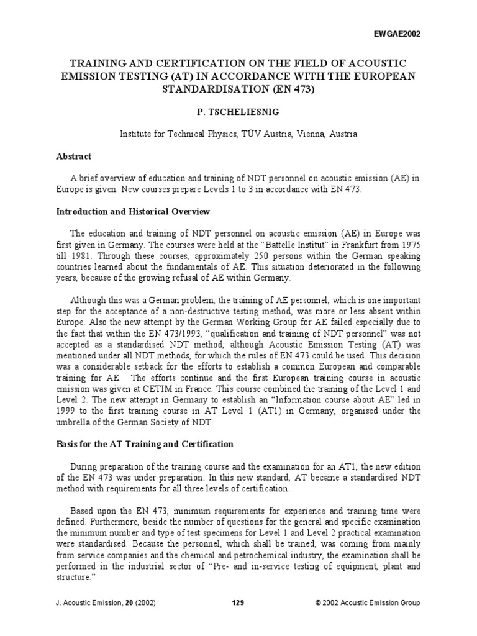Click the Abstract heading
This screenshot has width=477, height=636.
click(74, 157)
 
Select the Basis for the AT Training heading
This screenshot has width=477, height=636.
click(145, 444)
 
